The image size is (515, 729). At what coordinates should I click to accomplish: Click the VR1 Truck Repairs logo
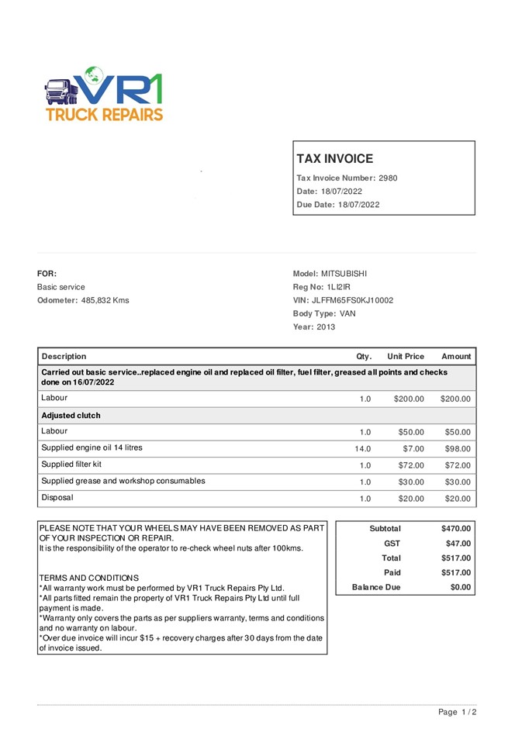tap(104, 94)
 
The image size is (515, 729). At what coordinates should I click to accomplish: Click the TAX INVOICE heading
tap(334, 159)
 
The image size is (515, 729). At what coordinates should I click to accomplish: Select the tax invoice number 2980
tap(388, 178)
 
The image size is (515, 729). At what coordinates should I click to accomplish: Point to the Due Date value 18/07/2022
tap(359, 205)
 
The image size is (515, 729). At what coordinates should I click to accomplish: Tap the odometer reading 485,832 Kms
tap(105, 300)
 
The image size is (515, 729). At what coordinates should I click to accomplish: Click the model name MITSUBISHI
tap(344, 274)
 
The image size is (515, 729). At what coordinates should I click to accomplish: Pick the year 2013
tap(325, 327)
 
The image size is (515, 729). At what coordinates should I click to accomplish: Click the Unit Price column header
tap(406, 357)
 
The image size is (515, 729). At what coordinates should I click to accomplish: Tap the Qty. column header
tap(364, 357)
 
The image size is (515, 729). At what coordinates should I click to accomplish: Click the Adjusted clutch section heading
tap(71, 416)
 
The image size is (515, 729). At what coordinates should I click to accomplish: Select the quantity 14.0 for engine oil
tap(363, 449)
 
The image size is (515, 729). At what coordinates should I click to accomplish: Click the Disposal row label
tap(57, 498)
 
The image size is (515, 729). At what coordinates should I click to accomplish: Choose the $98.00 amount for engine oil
tap(457, 449)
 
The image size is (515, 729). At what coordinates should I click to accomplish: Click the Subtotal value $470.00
tap(455, 529)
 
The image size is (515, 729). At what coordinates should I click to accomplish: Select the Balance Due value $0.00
tap(461, 587)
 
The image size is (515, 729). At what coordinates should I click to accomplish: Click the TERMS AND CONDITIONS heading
tap(88, 578)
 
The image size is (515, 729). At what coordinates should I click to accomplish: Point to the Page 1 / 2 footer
tap(457, 712)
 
